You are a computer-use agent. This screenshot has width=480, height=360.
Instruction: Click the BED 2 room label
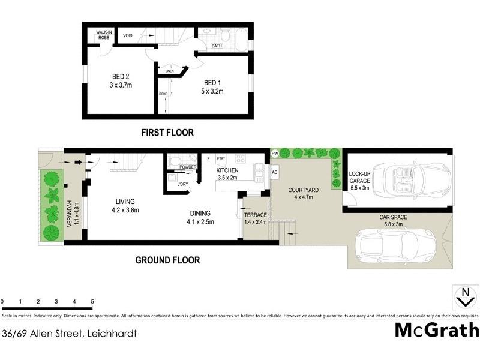point(121,80)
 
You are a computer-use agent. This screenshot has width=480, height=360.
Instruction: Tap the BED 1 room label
point(212,86)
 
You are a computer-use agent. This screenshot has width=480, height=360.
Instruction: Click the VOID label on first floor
point(128,35)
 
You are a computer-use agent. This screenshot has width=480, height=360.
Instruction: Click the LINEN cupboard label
point(169,71)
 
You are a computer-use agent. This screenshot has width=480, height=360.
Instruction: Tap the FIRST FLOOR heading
point(167,133)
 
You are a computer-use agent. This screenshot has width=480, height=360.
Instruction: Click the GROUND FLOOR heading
point(167,260)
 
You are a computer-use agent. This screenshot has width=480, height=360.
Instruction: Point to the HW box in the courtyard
point(275,155)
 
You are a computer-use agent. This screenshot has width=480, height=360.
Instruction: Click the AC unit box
point(275,172)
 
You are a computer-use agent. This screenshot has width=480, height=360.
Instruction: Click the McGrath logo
point(437,330)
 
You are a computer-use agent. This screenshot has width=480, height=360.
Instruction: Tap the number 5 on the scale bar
point(92,301)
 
